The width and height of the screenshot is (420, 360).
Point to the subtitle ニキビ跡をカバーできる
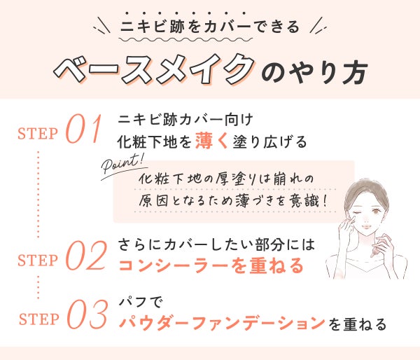(x=210, y=29)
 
